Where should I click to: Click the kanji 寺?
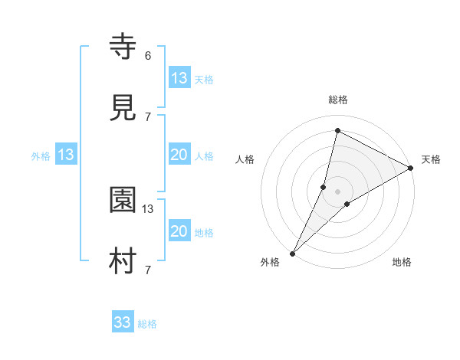[x=123, y=48]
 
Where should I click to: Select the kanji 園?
[x=123, y=201]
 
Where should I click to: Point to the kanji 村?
[x=123, y=261]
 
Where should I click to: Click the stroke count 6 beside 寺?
[x=148, y=55]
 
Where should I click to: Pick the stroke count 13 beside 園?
[x=148, y=208]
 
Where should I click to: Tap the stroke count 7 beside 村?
[x=148, y=270]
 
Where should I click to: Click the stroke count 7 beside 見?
[x=148, y=116]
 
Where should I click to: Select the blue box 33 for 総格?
[x=123, y=322]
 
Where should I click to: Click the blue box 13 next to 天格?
[x=179, y=77]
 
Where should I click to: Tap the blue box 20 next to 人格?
[x=179, y=155]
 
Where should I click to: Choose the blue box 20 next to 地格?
[x=179, y=231]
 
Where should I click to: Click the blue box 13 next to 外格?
[x=66, y=155]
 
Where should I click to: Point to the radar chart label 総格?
[x=338, y=100]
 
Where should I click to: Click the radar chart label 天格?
[x=431, y=159]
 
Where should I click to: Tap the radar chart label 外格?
[x=270, y=262]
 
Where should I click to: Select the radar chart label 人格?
[x=245, y=159]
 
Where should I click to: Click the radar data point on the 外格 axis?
[x=293, y=253]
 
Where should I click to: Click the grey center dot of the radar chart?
[x=338, y=191]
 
